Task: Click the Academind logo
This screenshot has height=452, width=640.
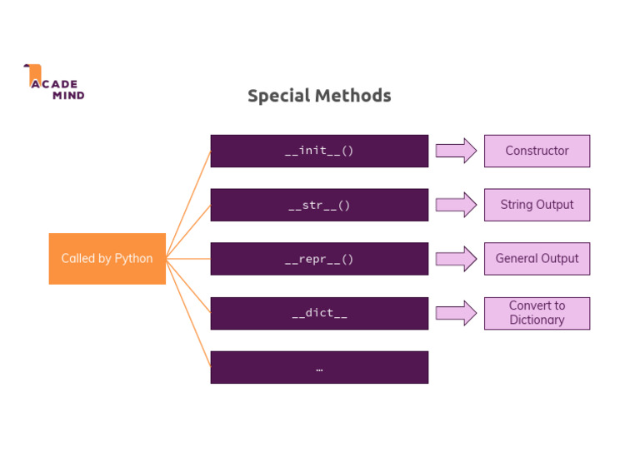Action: pyautogui.click(x=54, y=82)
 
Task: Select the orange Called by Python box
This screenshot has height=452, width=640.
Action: pyautogui.click(x=107, y=259)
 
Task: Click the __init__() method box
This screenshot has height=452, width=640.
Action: pyautogui.click(x=319, y=151)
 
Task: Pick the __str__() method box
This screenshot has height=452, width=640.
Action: pyautogui.click(x=319, y=206)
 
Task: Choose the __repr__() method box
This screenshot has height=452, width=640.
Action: pyautogui.click(x=319, y=259)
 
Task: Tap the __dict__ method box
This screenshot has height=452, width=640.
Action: pyautogui.click(x=319, y=314)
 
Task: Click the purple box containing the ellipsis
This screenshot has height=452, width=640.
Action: pyautogui.click(x=319, y=367)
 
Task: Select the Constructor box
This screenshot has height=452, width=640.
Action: pyautogui.click(x=537, y=151)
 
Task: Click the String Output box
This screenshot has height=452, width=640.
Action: pyautogui.click(x=537, y=205)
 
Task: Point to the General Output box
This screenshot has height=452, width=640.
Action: pyautogui.click(x=537, y=259)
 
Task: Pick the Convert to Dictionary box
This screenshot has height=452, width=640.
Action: pyautogui.click(x=537, y=313)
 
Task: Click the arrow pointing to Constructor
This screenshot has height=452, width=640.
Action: pyautogui.click(x=456, y=151)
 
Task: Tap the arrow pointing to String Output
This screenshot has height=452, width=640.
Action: pyautogui.click(x=456, y=205)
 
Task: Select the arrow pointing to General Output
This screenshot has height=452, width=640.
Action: pyautogui.click(x=456, y=259)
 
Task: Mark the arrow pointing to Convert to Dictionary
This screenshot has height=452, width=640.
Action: pyautogui.click(x=456, y=314)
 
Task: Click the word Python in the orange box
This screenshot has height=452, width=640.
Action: pyautogui.click(x=133, y=259)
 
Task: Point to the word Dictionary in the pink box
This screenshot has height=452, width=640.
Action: pyautogui.click(x=537, y=320)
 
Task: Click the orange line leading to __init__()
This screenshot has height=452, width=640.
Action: pyautogui.click(x=188, y=204)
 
